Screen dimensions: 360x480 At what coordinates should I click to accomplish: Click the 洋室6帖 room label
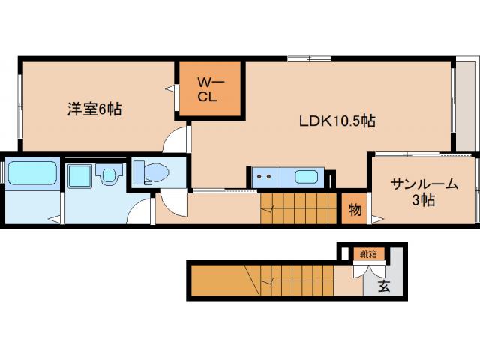tap(94, 109)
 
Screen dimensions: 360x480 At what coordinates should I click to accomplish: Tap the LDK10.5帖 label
tap(337, 121)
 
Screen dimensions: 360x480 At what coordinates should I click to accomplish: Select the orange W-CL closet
tap(208, 89)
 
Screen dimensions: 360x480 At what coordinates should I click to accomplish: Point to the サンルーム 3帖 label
tap(424, 191)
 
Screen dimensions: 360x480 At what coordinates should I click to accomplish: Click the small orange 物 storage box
tap(355, 209)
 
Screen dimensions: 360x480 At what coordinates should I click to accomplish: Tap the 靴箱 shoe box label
tap(367, 253)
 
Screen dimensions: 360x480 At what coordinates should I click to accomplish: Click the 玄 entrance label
tap(383, 286)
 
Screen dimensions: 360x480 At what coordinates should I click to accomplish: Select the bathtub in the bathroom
tap(32, 175)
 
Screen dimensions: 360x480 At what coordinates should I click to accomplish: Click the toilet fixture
tap(153, 172)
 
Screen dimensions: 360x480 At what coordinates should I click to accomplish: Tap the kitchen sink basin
tap(306, 178)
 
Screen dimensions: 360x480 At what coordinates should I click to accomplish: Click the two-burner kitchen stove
tap(264, 178)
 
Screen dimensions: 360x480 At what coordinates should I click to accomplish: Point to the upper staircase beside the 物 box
tap(300, 208)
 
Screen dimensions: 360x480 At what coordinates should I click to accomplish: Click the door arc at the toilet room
tap(171, 202)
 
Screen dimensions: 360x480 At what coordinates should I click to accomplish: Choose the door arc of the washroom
tap(140, 213)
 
